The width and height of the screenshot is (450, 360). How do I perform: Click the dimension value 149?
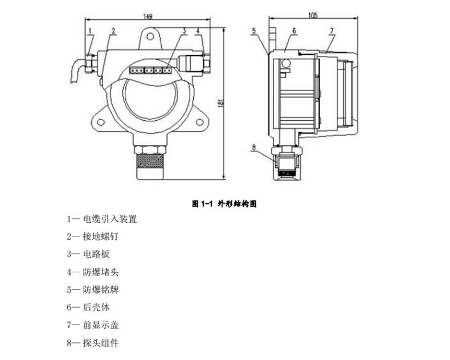(148, 17)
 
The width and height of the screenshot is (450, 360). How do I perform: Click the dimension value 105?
(312, 15)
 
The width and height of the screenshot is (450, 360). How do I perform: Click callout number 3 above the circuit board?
(184, 31)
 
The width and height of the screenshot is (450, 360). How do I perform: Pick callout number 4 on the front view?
(197, 31)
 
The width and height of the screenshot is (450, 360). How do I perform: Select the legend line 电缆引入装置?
(103, 219)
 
